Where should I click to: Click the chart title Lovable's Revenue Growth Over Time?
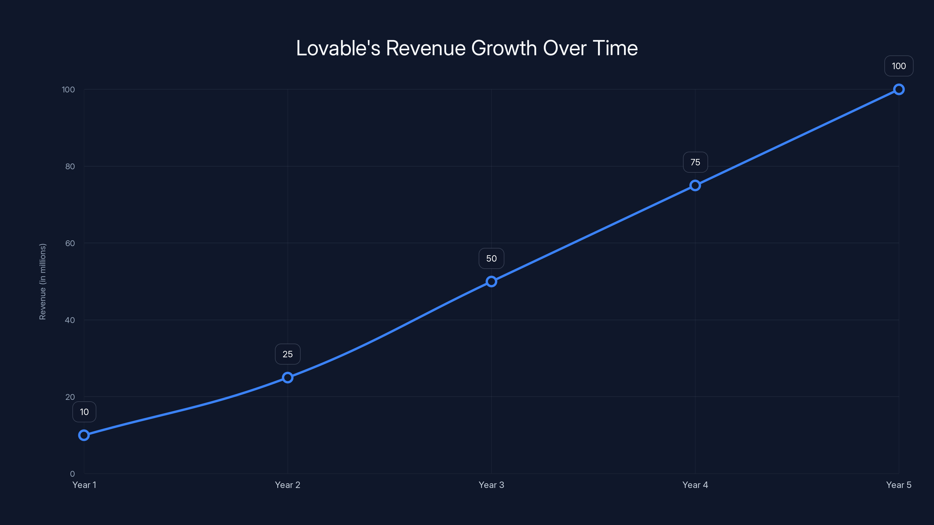coord(467,48)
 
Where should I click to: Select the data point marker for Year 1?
coord(84,435)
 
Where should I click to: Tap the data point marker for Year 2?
coord(287,377)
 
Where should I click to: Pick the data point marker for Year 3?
coord(491,281)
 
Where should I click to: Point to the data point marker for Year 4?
coord(695,185)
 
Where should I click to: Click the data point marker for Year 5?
coord(899,90)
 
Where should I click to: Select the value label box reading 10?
coord(84,412)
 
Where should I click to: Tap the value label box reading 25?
coord(287,354)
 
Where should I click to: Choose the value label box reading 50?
coord(491,258)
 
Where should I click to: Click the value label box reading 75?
coord(695,162)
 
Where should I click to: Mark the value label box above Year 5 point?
coord(899,66)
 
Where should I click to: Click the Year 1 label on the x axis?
coord(84,485)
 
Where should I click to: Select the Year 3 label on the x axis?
coord(491,485)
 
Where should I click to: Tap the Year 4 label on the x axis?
coord(695,485)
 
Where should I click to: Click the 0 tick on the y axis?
coord(72,474)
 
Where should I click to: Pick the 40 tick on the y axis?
coord(70,320)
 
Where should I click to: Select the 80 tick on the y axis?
coord(70,166)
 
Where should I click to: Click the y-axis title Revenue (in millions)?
coord(42,281)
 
